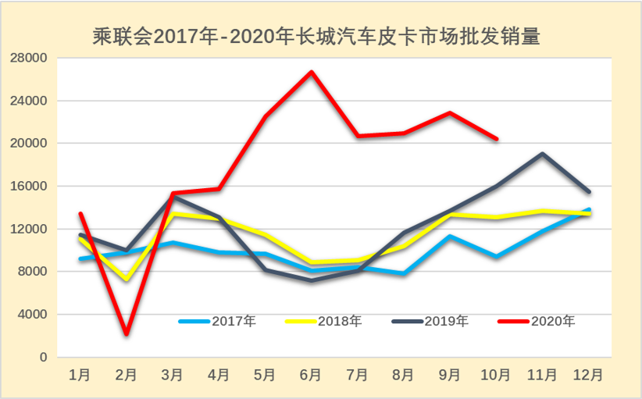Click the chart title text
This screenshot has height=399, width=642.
tap(316, 36)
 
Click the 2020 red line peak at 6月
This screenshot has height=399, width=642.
tap(312, 73)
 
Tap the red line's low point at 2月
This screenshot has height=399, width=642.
tap(126, 334)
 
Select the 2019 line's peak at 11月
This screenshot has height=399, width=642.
tap(542, 154)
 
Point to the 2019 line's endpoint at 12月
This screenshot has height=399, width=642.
tap(588, 191)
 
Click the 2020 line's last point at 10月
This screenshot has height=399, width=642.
tap(497, 139)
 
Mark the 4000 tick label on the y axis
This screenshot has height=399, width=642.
tap(34, 315)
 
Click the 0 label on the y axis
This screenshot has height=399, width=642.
tap(44, 358)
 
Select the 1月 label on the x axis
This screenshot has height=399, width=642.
tap(80, 376)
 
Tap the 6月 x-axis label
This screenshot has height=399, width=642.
tap(311, 376)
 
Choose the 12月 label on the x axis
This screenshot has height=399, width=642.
tap(588, 376)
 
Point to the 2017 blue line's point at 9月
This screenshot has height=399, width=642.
tap(450, 236)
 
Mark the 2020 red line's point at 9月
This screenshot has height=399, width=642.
tap(450, 112)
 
